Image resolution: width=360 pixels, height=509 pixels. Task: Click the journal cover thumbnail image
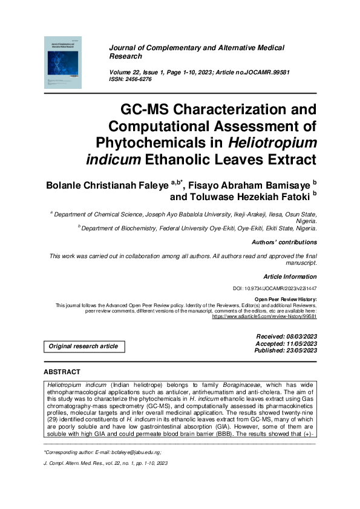62,62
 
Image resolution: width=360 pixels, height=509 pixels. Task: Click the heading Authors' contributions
284,242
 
